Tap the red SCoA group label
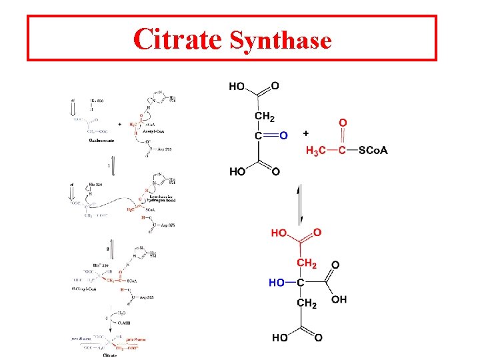[373, 150]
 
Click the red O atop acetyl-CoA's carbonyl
[343, 123]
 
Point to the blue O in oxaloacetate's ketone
[283, 135]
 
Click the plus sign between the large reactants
[306, 133]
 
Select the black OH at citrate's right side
[339, 299]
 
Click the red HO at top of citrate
[279, 233]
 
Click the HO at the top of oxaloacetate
[237, 86]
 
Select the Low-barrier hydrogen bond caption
[166, 199]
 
